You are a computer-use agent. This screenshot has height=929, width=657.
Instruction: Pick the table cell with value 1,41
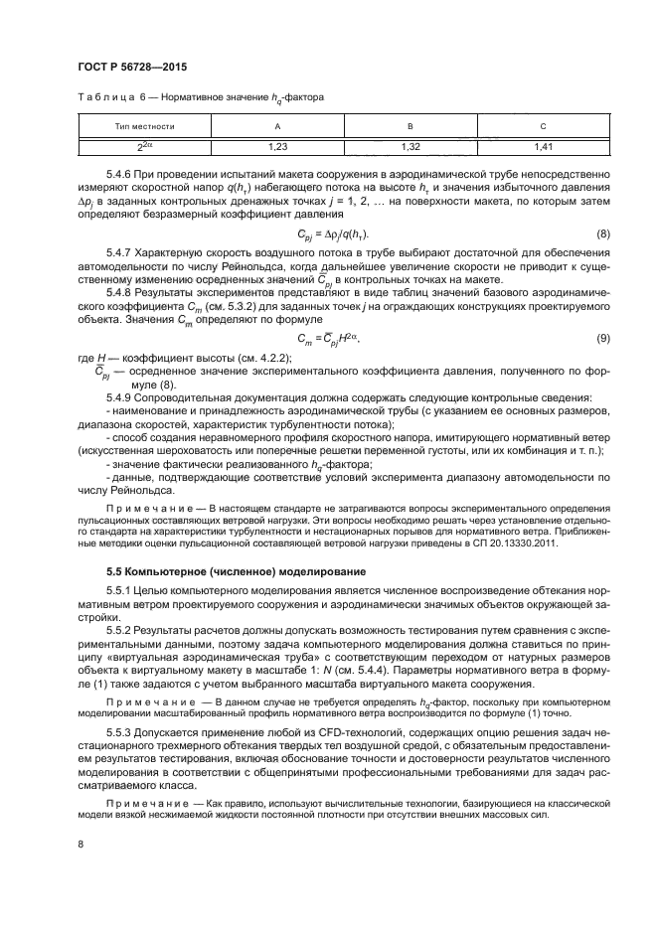(543, 147)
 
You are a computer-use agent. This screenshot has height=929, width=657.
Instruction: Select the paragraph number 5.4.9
(122, 397)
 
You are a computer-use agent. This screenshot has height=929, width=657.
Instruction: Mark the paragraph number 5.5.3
(122, 731)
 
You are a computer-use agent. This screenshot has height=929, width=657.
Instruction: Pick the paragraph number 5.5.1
(122, 592)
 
